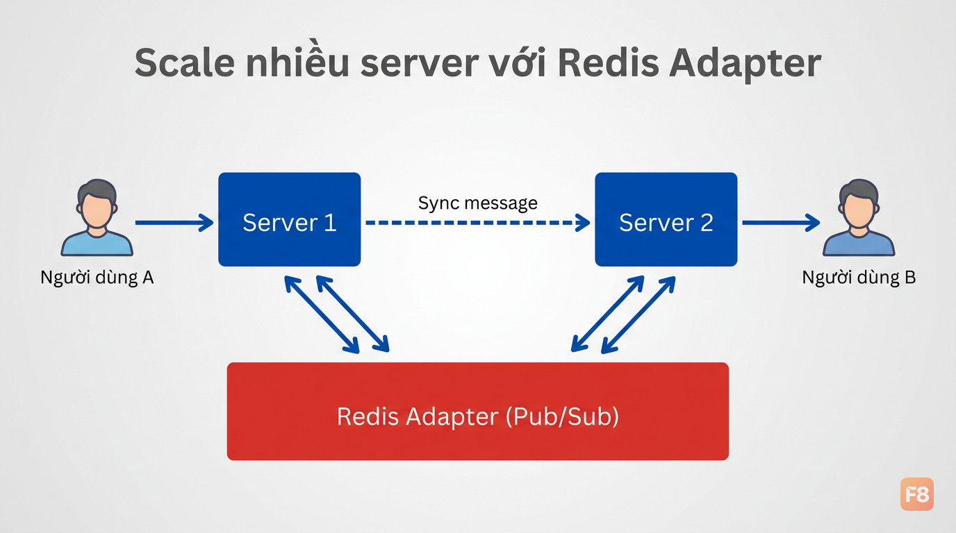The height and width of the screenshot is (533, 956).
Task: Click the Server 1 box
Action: [x=289, y=219]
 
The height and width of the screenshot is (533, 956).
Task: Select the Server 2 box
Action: [x=666, y=219]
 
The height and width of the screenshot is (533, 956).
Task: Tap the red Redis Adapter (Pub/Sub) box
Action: [x=477, y=411]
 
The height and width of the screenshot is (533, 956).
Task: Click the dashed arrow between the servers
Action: [x=478, y=223]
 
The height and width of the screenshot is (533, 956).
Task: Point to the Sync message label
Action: [x=477, y=203]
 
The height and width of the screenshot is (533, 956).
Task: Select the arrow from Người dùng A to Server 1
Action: [x=174, y=223]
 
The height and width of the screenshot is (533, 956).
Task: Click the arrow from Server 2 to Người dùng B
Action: [x=781, y=223]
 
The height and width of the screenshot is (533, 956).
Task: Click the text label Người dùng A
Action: [x=97, y=278]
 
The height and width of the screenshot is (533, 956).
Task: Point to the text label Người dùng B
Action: [x=859, y=278]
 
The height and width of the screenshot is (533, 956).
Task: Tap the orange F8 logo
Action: [x=917, y=494]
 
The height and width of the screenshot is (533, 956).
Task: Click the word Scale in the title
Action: [x=184, y=62]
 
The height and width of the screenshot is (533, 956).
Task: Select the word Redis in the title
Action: [x=609, y=62]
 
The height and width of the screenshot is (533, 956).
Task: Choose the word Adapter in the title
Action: [x=745, y=65]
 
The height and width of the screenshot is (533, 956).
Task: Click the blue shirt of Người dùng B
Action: [x=859, y=244]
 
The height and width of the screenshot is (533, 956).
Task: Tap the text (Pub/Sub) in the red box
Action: [x=562, y=416]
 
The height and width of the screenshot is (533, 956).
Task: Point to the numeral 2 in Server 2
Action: [x=707, y=223]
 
